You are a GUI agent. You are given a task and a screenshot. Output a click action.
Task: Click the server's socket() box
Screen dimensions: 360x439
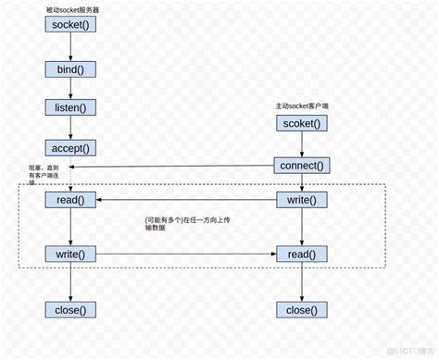[71, 25]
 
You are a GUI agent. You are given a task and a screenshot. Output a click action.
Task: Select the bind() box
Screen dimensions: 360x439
[71, 68]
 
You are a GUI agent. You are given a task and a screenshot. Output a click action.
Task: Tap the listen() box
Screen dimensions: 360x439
[71, 107]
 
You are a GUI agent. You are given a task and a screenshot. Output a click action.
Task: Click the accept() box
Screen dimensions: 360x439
[71, 147]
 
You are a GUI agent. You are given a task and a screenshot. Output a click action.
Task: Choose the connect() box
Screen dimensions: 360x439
[302, 167]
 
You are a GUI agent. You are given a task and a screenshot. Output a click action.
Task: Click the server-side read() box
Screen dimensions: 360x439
[71, 199]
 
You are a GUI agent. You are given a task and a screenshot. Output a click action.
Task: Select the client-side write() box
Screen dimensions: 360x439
[302, 199]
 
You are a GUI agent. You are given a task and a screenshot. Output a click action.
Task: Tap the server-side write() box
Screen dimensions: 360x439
[71, 254]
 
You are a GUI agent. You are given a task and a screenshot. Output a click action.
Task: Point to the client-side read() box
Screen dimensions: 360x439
[302, 254]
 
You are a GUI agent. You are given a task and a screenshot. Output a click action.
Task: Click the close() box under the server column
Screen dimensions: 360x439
[71, 309]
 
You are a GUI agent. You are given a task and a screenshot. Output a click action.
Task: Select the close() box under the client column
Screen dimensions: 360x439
[302, 309]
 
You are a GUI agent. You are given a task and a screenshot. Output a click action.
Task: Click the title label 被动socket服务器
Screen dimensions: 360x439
[73, 8]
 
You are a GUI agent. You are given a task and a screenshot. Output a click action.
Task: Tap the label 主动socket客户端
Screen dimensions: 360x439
[302, 106]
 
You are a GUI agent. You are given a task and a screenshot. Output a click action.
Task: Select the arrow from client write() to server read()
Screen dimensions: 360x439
[185, 199]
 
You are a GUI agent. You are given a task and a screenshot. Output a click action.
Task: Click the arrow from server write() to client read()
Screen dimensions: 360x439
[185, 254]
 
